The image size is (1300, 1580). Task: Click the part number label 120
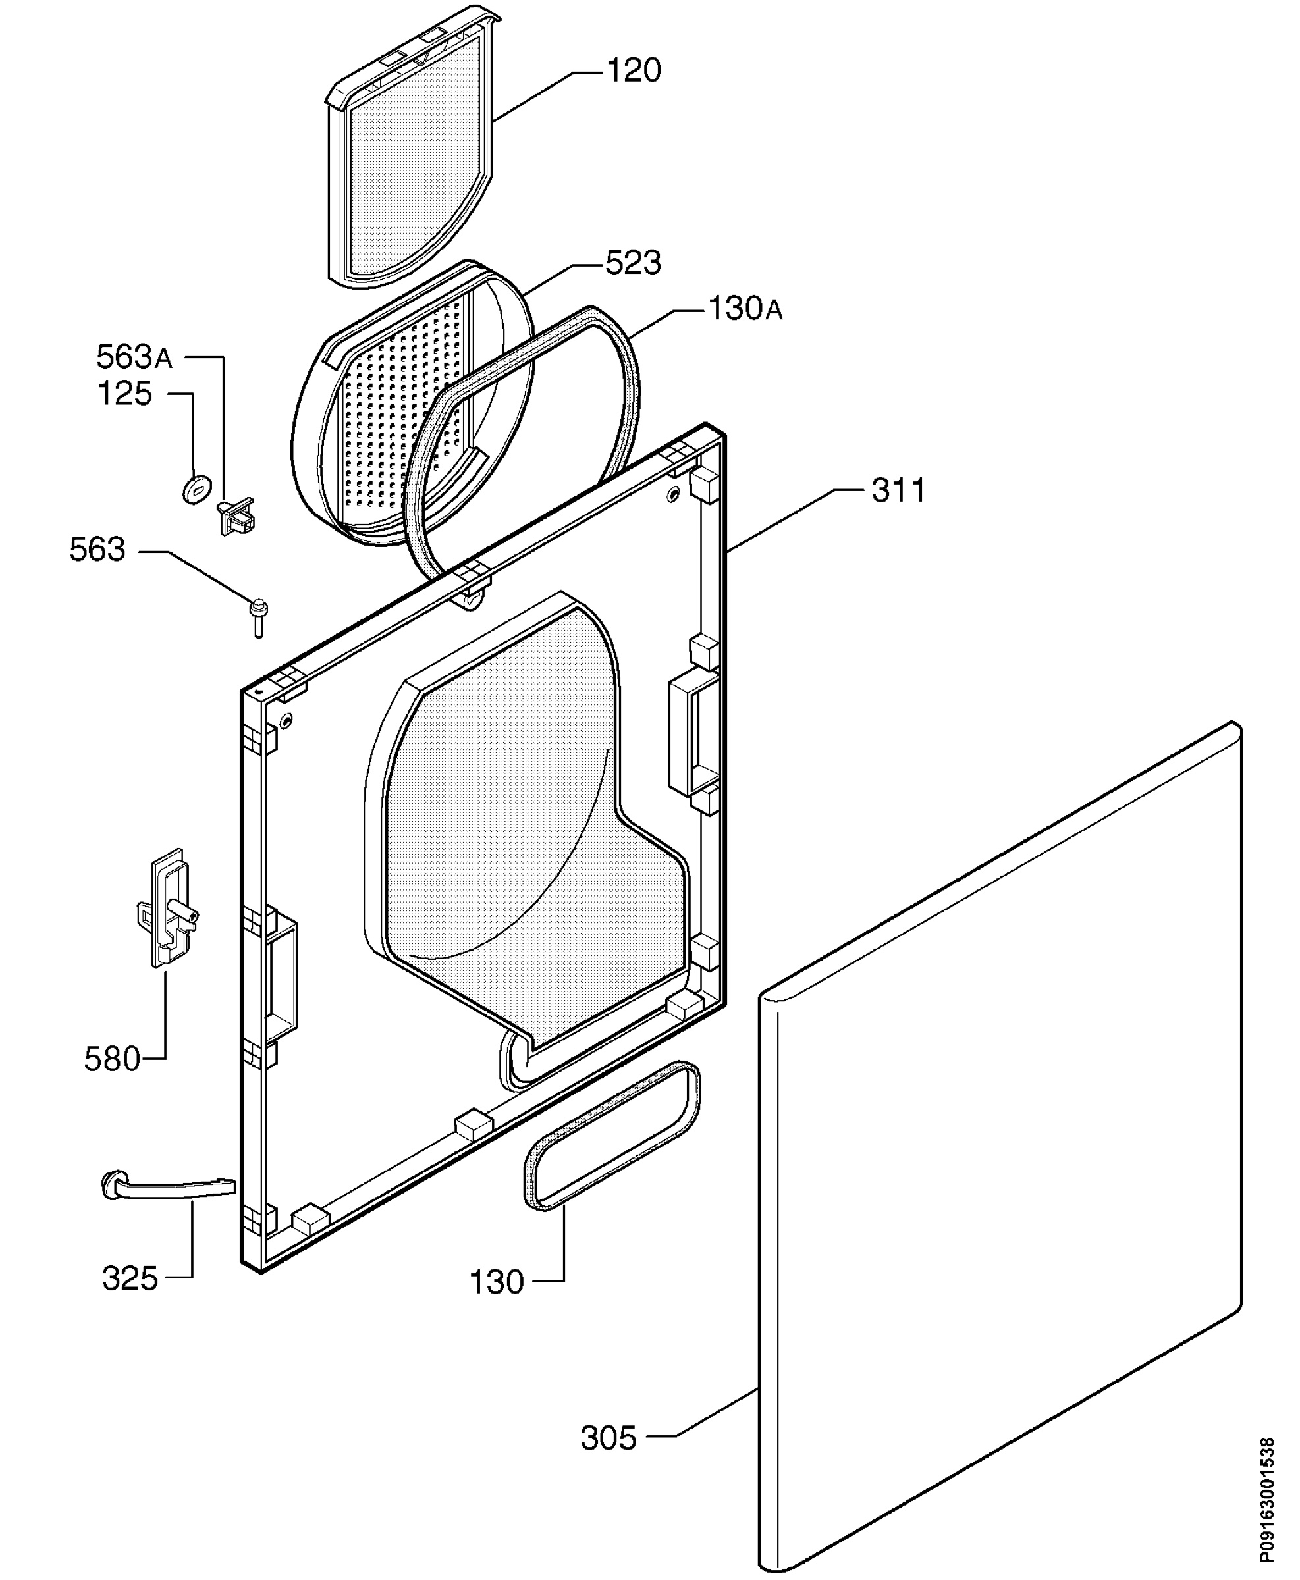pos(633,71)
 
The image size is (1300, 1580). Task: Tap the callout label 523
pos(633,263)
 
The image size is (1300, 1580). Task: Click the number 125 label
pos(125,394)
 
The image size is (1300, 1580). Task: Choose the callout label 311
pos(898,490)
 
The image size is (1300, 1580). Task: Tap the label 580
pos(113,1059)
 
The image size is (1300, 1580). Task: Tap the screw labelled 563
pos(258,618)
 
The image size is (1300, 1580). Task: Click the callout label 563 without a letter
pos(97,550)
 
